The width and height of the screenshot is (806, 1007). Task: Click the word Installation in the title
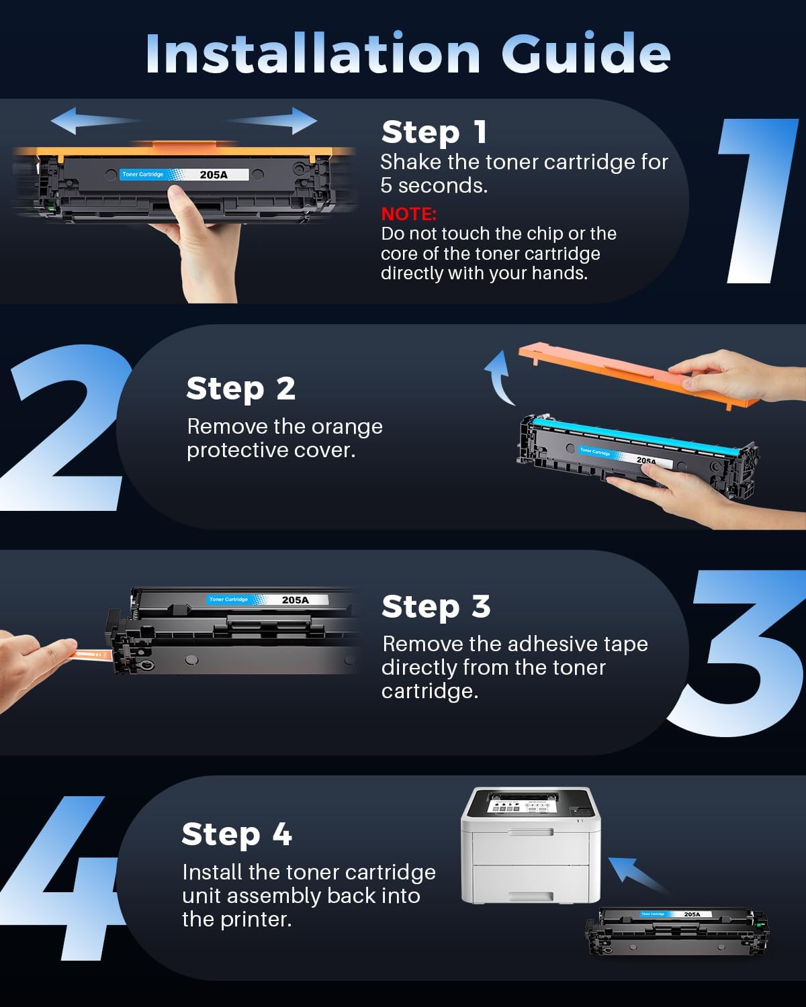(x=312, y=53)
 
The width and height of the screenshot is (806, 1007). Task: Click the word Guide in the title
(x=586, y=53)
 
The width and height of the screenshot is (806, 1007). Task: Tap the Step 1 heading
(x=434, y=132)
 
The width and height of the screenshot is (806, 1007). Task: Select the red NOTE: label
(x=408, y=213)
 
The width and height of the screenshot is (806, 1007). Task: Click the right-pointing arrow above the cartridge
(x=275, y=121)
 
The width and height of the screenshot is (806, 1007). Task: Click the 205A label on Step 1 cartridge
(x=214, y=175)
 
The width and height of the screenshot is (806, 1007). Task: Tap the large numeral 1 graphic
(x=759, y=201)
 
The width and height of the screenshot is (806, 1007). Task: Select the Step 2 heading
(x=240, y=388)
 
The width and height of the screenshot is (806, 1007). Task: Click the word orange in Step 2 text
(x=347, y=426)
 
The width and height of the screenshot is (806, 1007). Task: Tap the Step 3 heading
(x=435, y=606)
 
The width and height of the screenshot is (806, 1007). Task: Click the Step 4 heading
(x=236, y=834)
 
